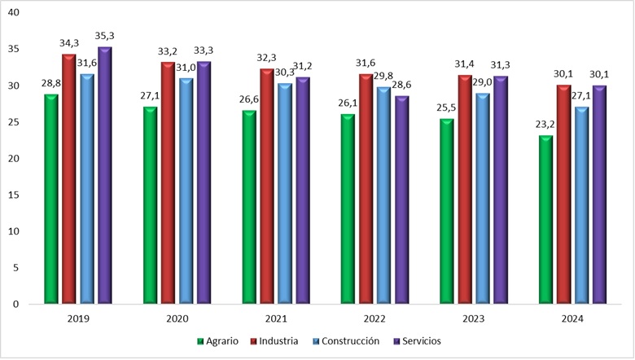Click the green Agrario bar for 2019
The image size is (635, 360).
pyautogui.click(x=51, y=200)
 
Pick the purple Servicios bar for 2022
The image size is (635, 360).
pyautogui.click(x=401, y=200)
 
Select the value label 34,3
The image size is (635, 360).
pyautogui.click(x=68, y=43)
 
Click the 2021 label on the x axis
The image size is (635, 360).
pyautogui.click(x=276, y=320)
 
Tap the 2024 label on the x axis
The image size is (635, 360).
pyautogui.click(x=572, y=320)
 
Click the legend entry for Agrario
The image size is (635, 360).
pyautogui.click(x=217, y=341)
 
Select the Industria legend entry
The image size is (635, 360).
pyautogui.click(x=275, y=341)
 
